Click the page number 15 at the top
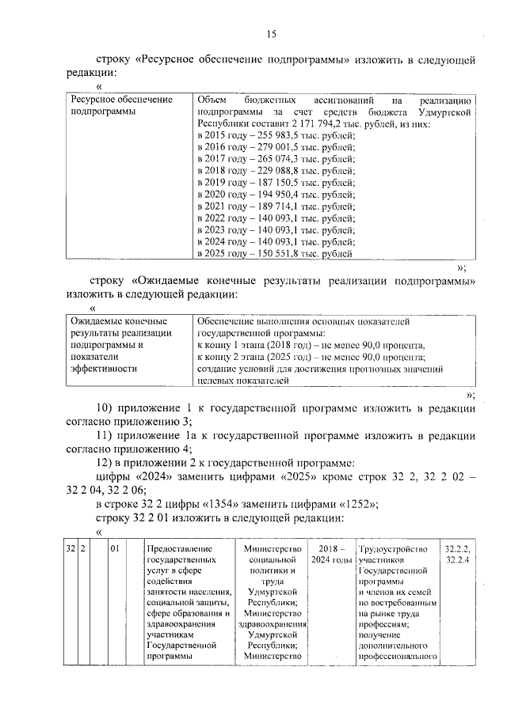[x=270, y=33]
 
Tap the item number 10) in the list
[x=106, y=409]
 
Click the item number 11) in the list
[x=106, y=436]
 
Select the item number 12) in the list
[x=106, y=463]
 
